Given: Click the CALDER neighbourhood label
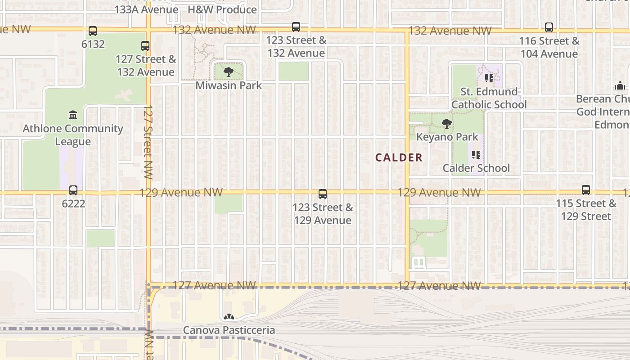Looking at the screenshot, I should pyautogui.click(x=399, y=157).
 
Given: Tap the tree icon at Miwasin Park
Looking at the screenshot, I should pyautogui.click(x=229, y=72).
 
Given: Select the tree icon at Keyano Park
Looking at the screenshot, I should pyautogui.click(x=446, y=124).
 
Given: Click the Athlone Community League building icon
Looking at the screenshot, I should pyautogui.click(x=73, y=115).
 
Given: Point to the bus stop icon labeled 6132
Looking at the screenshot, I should pyautogui.click(x=93, y=31).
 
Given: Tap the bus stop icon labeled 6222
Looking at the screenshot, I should pyautogui.click(x=73, y=190).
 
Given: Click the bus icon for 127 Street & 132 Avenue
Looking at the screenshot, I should pyautogui.click(x=145, y=46).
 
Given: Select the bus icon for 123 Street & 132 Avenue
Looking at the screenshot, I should pyautogui.click(x=296, y=27).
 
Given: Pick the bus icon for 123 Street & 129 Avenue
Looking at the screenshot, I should pyautogui.click(x=323, y=194).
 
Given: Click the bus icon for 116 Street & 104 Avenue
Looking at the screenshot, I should pyautogui.click(x=549, y=27).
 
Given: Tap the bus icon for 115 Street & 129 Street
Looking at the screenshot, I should pyautogui.click(x=585, y=190).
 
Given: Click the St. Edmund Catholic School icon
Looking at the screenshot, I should pyautogui.click(x=489, y=78).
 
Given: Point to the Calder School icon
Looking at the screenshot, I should pyautogui.click(x=476, y=155).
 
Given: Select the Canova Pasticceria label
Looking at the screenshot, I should pyautogui.click(x=229, y=330).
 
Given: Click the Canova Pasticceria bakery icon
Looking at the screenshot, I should pyautogui.click(x=229, y=317).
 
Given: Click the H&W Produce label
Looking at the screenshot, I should pyautogui.click(x=222, y=9).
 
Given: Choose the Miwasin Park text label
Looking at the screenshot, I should pyautogui.click(x=229, y=85).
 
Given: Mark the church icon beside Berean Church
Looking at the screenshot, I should pyautogui.click(x=620, y=86).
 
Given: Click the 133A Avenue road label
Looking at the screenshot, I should pyautogui.click(x=146, y=9).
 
